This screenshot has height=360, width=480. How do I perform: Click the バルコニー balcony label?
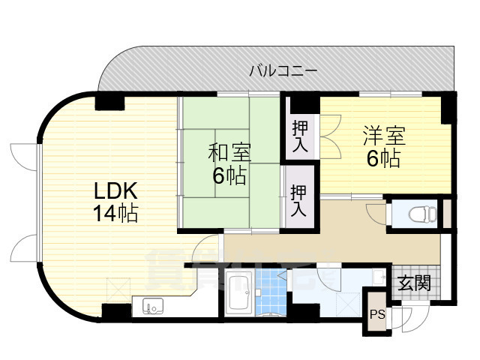tap(283, 71)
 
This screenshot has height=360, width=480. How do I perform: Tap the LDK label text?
tap(115, 191)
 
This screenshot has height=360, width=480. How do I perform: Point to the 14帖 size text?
tap(115, 214)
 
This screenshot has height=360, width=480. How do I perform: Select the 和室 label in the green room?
tap(229, 152)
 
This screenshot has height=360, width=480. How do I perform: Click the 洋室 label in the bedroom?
tap(384, 136)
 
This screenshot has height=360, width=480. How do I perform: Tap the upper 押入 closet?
tap(300, 136)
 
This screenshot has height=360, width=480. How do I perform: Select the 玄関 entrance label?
tap(414, 283)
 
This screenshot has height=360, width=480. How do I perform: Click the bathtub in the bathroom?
tap(240, 292)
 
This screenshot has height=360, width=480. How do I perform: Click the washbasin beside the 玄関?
tap(380, 277)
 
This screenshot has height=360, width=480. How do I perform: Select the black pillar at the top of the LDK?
tap(109, 103)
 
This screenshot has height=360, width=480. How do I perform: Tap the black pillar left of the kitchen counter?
tap(116, 312)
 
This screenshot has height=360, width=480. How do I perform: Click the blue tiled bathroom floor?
tap(271, 292)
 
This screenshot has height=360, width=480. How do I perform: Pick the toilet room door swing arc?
tap(376, 214)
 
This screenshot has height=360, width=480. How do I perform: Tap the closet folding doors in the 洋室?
tap(331, 136)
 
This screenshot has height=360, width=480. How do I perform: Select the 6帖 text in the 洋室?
tap(383, 158)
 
